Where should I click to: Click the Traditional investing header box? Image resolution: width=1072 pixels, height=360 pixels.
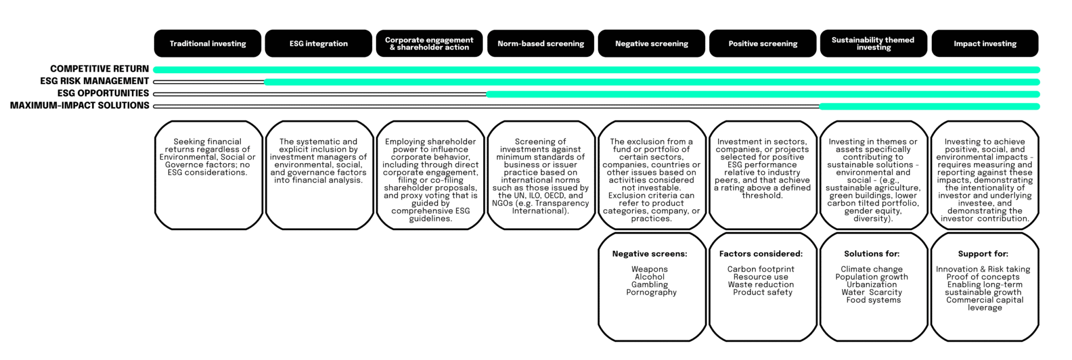(207, 43)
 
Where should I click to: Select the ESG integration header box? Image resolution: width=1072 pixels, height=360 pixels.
(318, 43)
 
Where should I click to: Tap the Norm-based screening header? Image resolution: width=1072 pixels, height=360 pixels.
(541, 43)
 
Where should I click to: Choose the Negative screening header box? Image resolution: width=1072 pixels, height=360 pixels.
(652, 43)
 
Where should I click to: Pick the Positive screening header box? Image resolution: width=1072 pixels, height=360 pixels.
(763, 43)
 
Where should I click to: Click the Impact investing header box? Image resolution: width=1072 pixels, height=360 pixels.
(985, 43)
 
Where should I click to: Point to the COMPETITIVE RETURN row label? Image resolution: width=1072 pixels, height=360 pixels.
(99, 69)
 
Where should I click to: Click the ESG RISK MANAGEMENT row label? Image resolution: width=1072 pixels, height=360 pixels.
(95, 81)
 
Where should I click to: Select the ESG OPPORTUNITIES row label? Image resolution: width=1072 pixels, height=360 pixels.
(103, 93)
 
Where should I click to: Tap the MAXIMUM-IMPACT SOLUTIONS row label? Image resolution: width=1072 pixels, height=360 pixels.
(80, 105)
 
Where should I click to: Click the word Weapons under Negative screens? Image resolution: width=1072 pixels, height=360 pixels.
(650, 269)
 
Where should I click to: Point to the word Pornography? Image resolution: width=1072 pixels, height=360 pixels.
(652, 292)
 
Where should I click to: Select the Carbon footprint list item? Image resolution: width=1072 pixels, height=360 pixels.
(761, 269)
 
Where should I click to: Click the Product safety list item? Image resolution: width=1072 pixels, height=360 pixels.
(763, 292)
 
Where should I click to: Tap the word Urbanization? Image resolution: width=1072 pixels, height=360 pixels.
(872, 285)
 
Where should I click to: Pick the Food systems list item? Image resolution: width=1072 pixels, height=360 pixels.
(874, 300)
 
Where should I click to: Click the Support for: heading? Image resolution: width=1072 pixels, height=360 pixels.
(983, 254)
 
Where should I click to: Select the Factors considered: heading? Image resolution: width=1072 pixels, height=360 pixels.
(761, 254)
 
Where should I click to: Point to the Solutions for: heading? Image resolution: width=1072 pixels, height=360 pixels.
(872, 254)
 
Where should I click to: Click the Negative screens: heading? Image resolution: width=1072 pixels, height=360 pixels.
(650, 254)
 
